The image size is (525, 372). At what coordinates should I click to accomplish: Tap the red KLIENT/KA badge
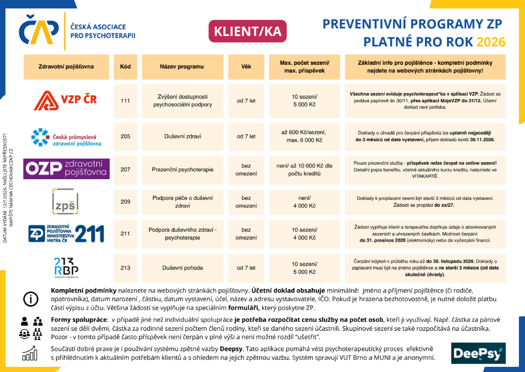click(247, 31)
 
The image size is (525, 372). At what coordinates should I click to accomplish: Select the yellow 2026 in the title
click(491, 42)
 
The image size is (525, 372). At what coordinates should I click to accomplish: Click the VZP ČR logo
click(66, 100)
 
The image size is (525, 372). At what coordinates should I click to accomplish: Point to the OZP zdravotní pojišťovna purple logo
click(66, 169)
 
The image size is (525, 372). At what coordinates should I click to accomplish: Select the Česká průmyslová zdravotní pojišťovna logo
click(66, 137)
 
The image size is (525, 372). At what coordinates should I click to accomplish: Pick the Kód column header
click(125, 67)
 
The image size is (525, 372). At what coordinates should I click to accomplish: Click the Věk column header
click(246, 67)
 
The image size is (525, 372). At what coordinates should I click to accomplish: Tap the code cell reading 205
click(125, 137)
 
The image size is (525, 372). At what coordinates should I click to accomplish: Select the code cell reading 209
click(125, 202)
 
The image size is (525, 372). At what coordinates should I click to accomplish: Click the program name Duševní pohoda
click(182, 268)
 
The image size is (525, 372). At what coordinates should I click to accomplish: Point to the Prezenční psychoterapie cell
click(182, 169)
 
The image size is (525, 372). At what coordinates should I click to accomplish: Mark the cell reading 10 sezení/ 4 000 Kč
click(304, 234)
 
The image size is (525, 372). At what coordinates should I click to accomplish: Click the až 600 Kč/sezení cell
click(304, 136)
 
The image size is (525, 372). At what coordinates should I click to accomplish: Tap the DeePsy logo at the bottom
click(478, 353)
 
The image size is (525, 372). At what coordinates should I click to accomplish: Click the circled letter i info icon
click(30, 298)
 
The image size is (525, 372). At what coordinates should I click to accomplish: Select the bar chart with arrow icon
click(30, 353)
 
